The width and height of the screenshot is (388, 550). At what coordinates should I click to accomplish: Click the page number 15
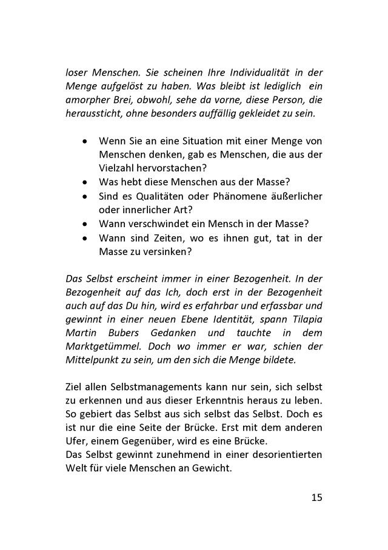click(316, 498)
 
